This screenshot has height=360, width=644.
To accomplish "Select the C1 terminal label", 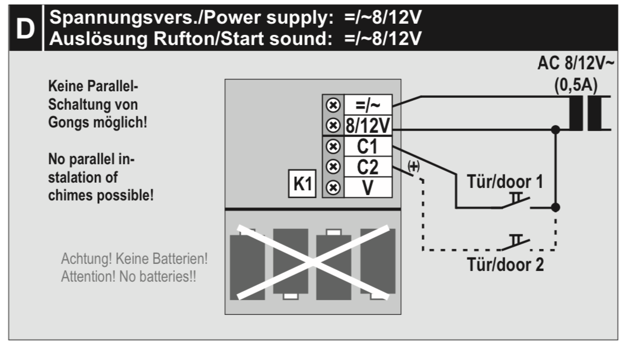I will (368, 146).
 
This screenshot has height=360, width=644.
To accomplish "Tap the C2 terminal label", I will (368, 167).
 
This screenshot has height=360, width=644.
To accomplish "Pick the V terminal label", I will (368, 187).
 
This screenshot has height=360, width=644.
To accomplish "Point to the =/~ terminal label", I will (368, 105).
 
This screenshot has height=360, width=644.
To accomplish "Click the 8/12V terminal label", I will (368, 125).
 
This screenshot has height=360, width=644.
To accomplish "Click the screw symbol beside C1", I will (333, 146).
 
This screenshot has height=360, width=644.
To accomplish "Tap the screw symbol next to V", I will (333, 187).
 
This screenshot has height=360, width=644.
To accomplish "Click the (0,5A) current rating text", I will (576, 85).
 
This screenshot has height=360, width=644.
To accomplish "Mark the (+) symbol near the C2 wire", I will (413, 167).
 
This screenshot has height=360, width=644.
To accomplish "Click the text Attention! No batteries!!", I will (129, 276).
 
